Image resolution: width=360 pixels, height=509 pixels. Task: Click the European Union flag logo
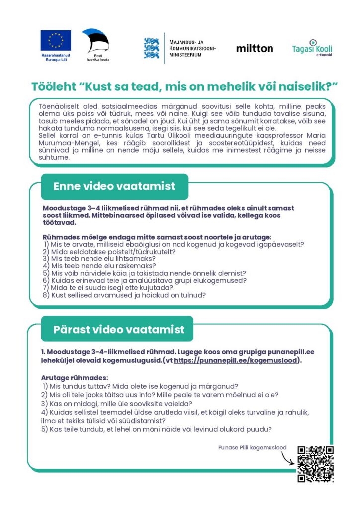coord(56,40)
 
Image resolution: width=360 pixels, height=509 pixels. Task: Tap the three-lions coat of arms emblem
coord(151,48)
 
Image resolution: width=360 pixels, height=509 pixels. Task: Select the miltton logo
coord(255,48)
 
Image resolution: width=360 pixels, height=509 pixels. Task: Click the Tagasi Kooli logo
coord(312,48)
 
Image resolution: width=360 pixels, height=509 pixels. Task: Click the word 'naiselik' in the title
coord(305,85)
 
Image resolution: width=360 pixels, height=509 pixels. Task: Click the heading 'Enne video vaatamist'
coord(114,186)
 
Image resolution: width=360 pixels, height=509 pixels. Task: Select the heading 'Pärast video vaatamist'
coord(119,329)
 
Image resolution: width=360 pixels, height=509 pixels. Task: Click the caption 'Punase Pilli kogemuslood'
coord(252,448)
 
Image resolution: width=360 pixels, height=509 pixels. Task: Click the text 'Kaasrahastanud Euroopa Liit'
coord(56,57)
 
